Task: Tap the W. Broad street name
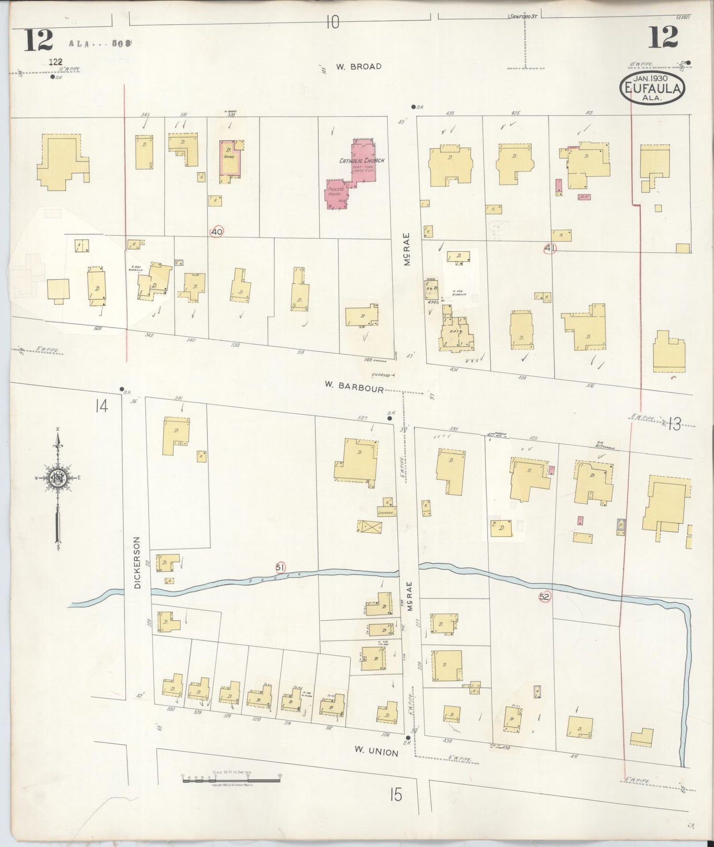359,66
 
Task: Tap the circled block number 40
216,231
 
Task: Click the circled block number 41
549,248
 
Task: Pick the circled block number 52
545,596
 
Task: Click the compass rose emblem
57,478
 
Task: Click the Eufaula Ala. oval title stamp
653,89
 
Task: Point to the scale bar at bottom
231,780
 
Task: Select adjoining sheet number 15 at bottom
395,795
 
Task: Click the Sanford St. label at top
523,17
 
